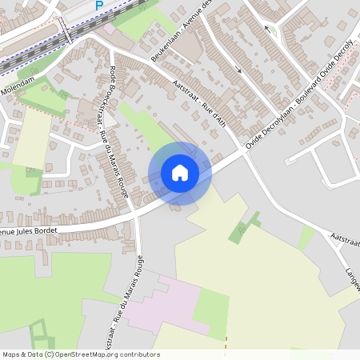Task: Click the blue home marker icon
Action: click(x=180, y=173)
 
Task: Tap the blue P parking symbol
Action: click(x=99, y=6)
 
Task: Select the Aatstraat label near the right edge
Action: click(x=344, y=239)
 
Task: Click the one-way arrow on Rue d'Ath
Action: click(x=238, y=71)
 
